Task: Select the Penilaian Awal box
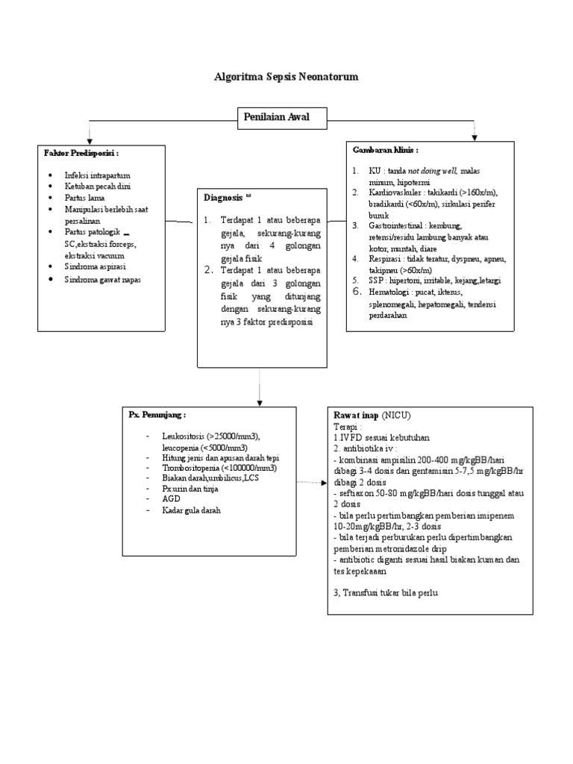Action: tap(275, 116)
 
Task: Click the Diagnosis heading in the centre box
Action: tap(223, 198)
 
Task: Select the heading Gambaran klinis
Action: tap(385, 150)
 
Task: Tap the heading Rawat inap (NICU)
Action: tap(375, 414)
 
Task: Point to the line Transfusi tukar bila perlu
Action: tap(389, 592)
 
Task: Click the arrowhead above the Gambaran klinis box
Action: tap(474, 137)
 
